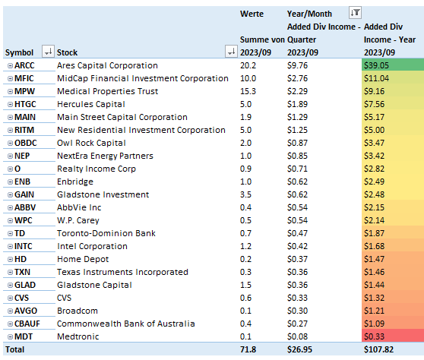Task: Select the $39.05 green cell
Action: point(390,66)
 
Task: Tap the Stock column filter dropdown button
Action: point(231,52)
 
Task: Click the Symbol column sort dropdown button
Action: point(48,52)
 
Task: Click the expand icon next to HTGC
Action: point(10,104)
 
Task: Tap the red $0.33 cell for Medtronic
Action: point(390,336)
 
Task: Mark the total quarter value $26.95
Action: point(302,350)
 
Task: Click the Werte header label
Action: point(252,13)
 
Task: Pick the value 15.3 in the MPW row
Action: point(248,91)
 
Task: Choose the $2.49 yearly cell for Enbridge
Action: point(390,182)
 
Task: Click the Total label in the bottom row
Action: point(16,350)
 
